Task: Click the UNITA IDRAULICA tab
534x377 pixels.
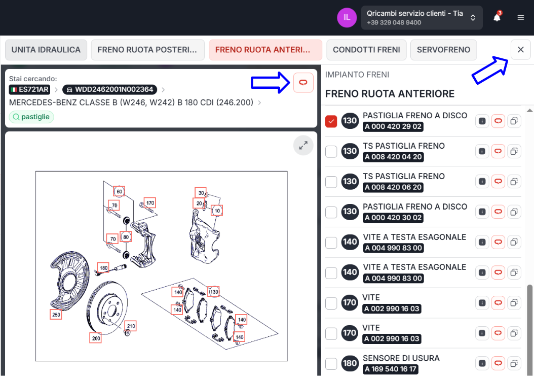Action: [46, 50]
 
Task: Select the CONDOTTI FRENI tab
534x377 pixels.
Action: [366, 50]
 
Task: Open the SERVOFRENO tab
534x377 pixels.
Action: [443, 50]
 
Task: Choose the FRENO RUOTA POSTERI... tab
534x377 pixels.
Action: [147, 50]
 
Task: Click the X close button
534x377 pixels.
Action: [521, 50]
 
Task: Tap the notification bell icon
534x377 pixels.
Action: [497, 17]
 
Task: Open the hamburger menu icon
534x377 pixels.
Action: [521, 17]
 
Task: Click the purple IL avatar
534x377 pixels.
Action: [347, 17]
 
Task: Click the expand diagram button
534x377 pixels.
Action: [303, 146]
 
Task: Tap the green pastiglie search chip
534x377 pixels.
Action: [31, 117]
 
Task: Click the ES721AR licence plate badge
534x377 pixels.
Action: [29, 90]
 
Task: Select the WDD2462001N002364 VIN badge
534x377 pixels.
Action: [109, 90]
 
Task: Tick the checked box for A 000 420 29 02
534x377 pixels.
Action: [331, 121]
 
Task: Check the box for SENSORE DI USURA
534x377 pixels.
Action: [331, 364]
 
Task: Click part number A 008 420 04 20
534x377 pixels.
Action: [393, 157]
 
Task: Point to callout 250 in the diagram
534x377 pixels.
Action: [56, 315]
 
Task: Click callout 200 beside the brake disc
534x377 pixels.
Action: [96, 338]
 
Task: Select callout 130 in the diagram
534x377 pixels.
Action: [214, 292]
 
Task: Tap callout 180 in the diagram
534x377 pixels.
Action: [103, 268]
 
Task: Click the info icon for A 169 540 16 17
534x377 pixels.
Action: [482, 363]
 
